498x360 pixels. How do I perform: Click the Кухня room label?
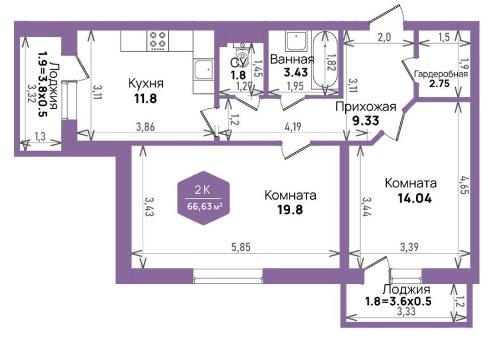tap(146, 83)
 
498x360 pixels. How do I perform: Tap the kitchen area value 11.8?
tap(146, 99)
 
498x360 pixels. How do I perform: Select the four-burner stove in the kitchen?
tap(158, 40)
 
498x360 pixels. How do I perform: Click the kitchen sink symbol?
tap(203, 69)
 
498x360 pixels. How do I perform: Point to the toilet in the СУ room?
tap(243, 55)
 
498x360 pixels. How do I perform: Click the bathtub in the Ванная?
tap(325, 60)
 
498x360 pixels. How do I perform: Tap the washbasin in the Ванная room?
tap(296, 41)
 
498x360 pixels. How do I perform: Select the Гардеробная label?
tap(441, 74)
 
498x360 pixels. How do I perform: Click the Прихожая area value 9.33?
tap(365, 121)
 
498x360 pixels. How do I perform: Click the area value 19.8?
tap(290, 210)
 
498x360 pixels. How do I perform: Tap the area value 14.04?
tap(415, 199)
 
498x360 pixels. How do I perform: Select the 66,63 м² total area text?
tap(204, 207)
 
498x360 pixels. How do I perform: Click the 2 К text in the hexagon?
tap(203, 190)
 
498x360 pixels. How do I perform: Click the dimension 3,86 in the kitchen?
tap(146, 127)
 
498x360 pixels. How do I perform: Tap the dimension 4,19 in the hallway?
tap(293, 127)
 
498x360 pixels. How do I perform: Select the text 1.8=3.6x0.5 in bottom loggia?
tap(399, 301)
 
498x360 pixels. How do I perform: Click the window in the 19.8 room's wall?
tap(228, 276)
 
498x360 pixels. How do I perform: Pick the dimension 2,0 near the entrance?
tap(384, 37)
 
